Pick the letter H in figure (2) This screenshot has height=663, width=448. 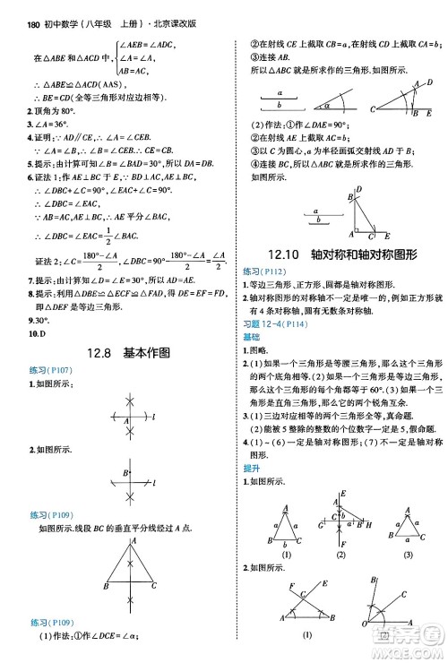(366, 527)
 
